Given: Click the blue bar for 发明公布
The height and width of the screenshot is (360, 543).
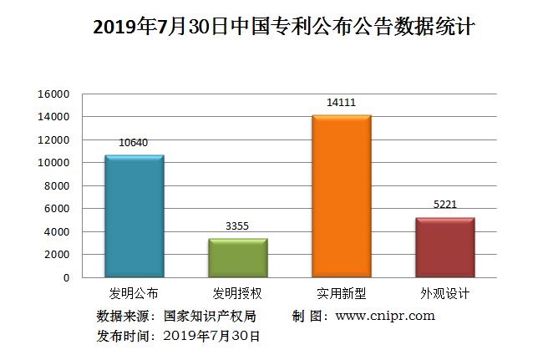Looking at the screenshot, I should (134, 215).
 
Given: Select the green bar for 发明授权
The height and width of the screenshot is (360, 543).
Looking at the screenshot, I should (237, 257).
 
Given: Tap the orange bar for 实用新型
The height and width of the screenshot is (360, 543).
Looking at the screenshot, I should (341, 195).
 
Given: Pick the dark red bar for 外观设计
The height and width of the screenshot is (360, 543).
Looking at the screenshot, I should (444, 246).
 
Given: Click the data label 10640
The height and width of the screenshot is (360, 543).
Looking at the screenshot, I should (134, 143).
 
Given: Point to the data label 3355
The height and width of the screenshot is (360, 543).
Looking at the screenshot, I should (237, 226).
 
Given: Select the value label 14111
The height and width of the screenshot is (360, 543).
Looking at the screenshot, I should (341, 103).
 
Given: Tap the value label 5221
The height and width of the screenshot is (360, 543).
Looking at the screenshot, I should (444, 205).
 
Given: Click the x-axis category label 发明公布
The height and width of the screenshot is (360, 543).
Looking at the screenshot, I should (134, 294).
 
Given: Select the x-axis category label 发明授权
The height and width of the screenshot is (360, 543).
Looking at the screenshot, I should (237, 294).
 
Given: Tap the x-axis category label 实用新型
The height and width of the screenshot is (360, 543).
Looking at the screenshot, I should (341, 294).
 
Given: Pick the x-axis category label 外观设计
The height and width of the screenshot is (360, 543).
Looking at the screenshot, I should (444, 294).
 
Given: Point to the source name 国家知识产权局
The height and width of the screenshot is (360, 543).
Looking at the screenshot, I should (209, 316).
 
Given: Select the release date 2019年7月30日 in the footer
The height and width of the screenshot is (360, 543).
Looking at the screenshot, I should (212, 336).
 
